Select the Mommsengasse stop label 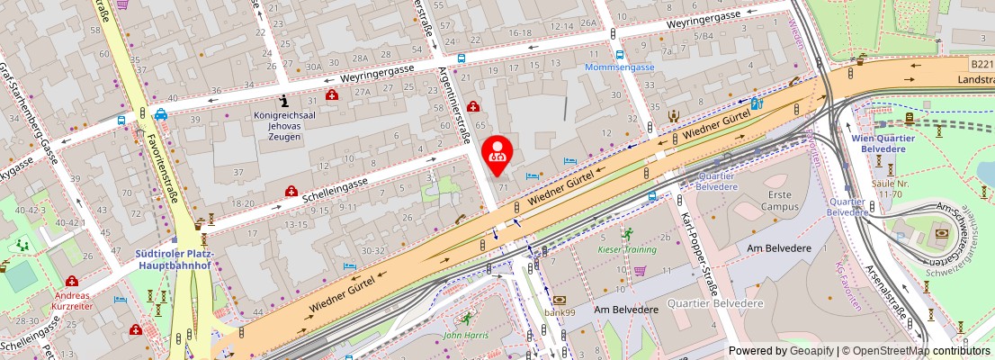tap(619, 67)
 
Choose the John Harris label tap(466, 336)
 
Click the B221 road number tap(982, 65)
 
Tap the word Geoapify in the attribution tap(812, 351)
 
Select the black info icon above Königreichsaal tap(284, 100)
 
